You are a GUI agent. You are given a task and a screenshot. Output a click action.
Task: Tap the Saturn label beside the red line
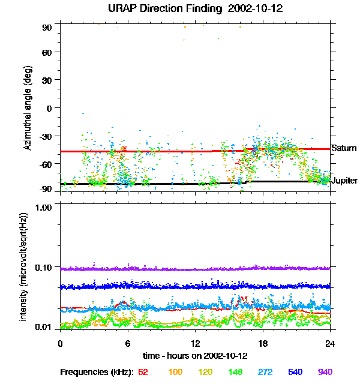coord(344,148)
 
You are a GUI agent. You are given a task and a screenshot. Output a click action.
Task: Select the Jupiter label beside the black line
coord(345,181)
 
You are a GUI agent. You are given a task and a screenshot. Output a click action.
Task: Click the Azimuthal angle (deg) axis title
coord(27,109)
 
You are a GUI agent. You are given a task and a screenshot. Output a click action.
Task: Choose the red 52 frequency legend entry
coord(143,373)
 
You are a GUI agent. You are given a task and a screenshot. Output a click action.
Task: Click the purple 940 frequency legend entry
coord(325,373)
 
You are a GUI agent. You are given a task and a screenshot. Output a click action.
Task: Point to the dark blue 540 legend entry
coord(295,373)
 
